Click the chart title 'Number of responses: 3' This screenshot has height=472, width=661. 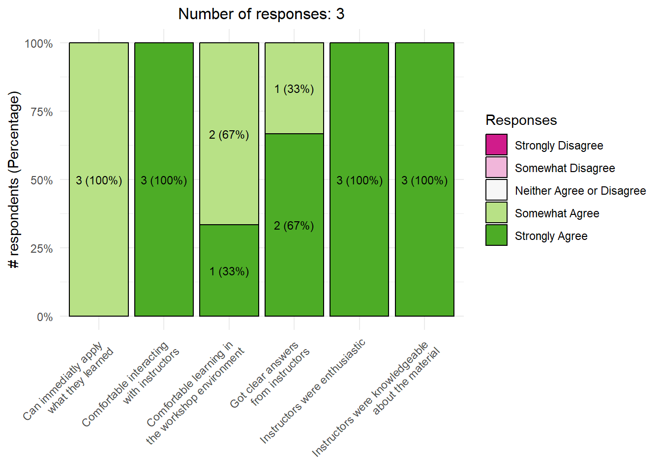click(x=261, y=14)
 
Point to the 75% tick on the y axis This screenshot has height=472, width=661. click(x=42, y=112)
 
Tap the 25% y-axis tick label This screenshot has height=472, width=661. click(x=42, y=249)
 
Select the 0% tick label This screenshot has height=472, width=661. click(x=45, y=317)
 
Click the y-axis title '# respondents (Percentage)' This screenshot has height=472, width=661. click(x=15, y=180)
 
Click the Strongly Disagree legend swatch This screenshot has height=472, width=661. click(x=496, y=145)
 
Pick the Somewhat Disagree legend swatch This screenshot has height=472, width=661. click(x=496, y=168)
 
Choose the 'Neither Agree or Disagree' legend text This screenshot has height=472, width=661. click(x=580, y=191)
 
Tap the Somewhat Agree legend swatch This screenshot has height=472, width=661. click(x=496, y=213)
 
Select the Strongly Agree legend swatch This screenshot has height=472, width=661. click(x=496, y=236)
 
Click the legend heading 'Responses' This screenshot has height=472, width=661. click(x=521, y=120)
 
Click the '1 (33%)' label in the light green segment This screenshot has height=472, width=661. click(x=294, y=89)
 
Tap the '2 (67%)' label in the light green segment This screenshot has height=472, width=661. click(x=229, y=135)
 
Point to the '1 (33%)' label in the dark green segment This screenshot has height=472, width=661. click(x=229, y=271)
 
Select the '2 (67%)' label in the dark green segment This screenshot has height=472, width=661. click(x=294, y=226)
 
